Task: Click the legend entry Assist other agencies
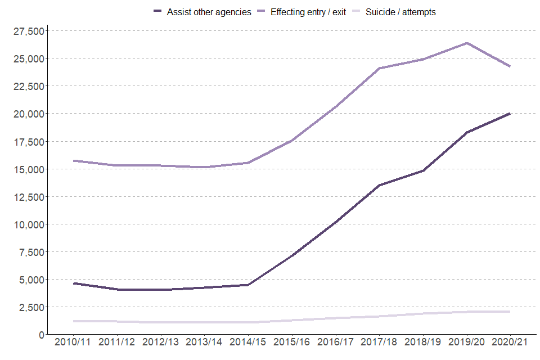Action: [x=209, y=12]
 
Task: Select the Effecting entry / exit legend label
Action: [x=308, y=12]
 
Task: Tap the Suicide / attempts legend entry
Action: [x=400, y=12]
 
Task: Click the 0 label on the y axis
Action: [x=41, y=335]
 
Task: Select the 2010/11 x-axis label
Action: [x=73, y=343]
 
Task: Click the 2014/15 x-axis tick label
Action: [x=247, y=343]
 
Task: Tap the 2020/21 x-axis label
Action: [x=510, y=343]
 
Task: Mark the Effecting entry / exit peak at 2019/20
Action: [x=466, y=43]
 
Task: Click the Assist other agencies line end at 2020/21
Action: [x=510, y=114]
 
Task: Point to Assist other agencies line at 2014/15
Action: [x=247, y=285]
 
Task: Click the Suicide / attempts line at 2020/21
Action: [x=510, y=312]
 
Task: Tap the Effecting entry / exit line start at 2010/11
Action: [x=73, y=161]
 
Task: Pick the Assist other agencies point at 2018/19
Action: [x=422, y=170]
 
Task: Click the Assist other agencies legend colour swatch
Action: [x=157, y=12]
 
